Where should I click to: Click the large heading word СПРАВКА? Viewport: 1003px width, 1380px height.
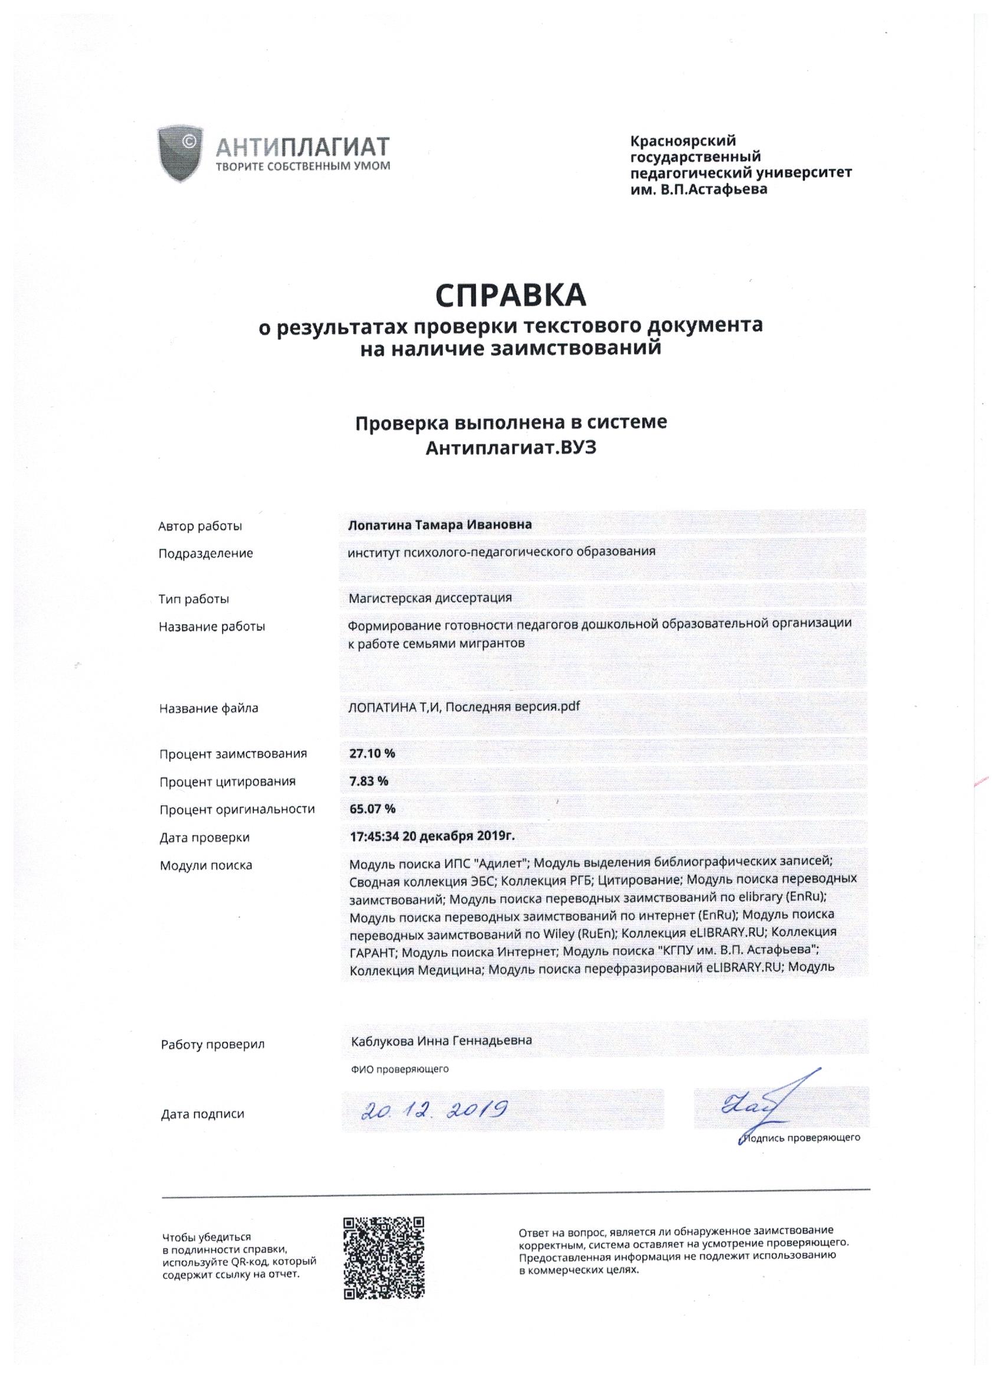pyautogui.click(x=511, y=295)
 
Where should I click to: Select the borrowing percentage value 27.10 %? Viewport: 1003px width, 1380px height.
pyautogui.click(x=372, y=753)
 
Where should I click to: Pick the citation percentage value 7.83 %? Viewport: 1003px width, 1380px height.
pyautogui.click(x=369, y=781)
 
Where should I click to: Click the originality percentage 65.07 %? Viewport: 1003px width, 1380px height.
pyautogui.click(x=372, y=809)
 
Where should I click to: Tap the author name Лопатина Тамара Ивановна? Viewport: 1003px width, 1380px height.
pyautogui.click(x=440, y=525)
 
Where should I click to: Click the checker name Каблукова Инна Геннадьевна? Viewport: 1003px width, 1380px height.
pyautogui.click(x=441, y=1041)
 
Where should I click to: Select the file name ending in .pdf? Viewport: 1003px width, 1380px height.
pyautogui.click(x=464, y=707)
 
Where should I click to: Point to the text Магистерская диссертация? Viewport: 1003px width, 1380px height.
pyautogui.click(x=430, y=597)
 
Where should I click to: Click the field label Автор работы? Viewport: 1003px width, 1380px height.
pyautogui.click(x=200, y=527)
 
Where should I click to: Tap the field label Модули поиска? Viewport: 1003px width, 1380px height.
pyautogui.click(x=205, y=865)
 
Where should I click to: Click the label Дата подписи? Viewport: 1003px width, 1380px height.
pyautogui.click(x=202, y=1114)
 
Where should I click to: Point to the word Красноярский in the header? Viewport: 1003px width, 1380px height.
pyautogui.click(x=683, y=141)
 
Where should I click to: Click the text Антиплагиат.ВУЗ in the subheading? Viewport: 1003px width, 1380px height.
pyautogui.click(x=511, y=449)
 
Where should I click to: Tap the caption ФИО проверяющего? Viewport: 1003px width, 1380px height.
pyautogui.click(x=399, y=1069)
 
